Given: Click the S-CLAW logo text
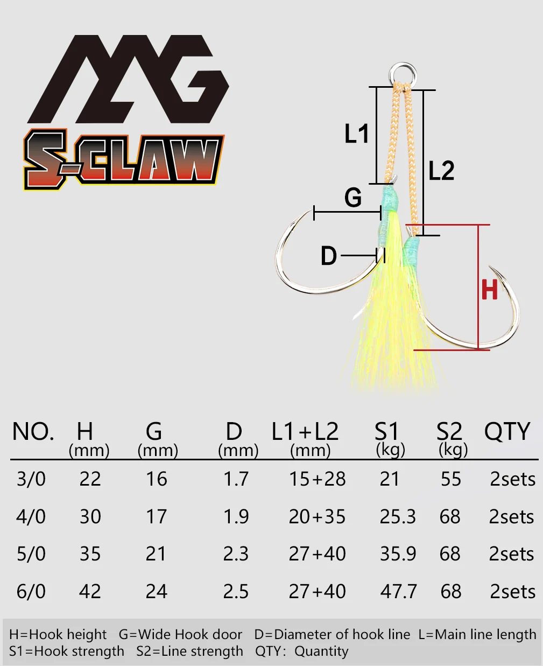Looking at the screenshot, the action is tap(124, 159).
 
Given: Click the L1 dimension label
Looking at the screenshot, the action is tap(357, 134).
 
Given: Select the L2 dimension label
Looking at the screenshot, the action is tap(442, 170).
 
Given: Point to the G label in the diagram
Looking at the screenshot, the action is tap(353, 198).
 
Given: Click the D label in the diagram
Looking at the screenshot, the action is tap(329, 256).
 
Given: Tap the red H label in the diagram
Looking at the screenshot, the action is tap(490, 289).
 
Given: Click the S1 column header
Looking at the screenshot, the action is tap(386, 431).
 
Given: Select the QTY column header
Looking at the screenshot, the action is tap(507, 431).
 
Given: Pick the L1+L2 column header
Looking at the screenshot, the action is tap(305, 431).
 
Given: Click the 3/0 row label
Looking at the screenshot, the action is tap(31, 479).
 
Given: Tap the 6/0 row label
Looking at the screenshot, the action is tap(31, 592).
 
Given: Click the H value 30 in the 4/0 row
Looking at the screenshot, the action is tap(90, 517).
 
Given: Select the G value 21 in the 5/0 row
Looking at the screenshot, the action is tap(156, 554).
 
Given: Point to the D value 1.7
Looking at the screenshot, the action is tap(236, 479).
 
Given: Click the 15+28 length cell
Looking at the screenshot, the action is tap(318, 479).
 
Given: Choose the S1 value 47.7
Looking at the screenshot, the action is tap(398, 592).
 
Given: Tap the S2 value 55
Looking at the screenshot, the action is tap(451, 479).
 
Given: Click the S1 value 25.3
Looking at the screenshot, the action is tap(398, 517).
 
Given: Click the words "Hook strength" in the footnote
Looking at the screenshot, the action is tap(79, 651).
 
